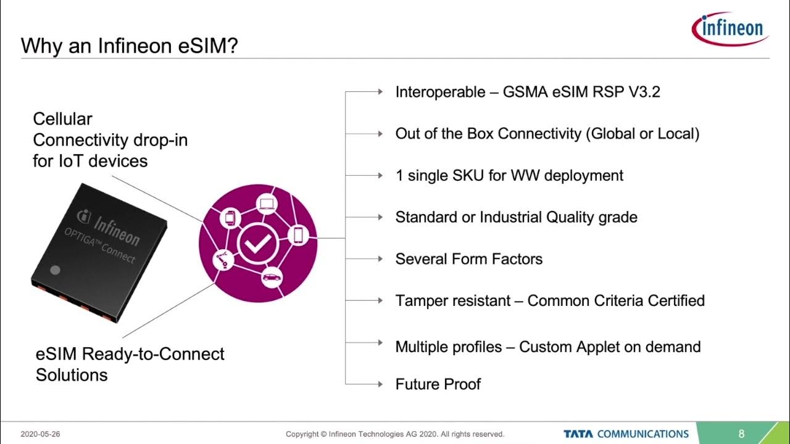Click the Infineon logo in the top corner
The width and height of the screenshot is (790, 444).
click(730, 27)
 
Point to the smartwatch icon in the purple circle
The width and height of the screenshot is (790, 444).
click(229, 217)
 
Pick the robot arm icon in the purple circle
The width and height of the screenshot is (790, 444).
click(222, 260)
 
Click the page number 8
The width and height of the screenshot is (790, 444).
click(742, 434)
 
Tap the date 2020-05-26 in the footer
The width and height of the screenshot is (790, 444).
click(40, 434)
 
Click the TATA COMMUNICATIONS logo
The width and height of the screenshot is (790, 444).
click(626, 434)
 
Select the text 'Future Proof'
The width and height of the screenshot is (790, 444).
click(438, 384)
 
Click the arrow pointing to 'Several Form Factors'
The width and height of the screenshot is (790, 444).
click(380, 258)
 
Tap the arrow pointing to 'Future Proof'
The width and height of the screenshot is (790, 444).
click(380, 384)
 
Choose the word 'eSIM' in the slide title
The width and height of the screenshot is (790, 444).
click(202, 46)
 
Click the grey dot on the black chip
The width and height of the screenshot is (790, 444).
click(55, 269)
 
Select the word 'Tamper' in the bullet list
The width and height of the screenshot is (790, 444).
click(421, 300)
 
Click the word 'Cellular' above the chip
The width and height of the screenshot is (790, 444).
click(62, 119)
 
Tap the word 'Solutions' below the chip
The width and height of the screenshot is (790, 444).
click(72, 374)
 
